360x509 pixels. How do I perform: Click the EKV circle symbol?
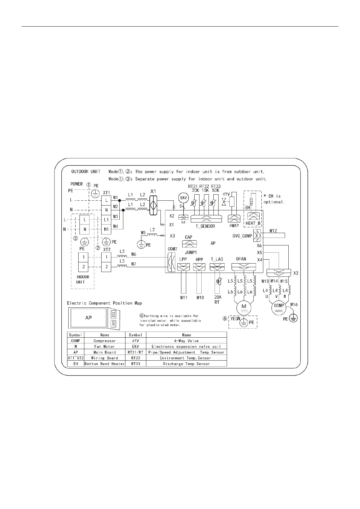point(183,198)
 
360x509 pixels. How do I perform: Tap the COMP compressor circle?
point(279,307)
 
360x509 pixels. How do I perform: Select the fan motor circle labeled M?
point(244,307)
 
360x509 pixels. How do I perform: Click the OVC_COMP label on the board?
point(242,236)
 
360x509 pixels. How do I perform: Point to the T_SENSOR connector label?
point(206,226)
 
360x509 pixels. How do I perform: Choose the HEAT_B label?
point(253,223)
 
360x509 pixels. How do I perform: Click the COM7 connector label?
point(173,249)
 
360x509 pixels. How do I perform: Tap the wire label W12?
point(273,231)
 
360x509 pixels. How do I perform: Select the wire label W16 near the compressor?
point(294,304)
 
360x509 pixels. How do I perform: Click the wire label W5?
point(143,232)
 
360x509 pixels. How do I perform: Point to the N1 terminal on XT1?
point(106,229)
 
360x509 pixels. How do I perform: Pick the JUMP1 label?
point(191,252)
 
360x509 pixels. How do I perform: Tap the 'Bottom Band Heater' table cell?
point(105,364)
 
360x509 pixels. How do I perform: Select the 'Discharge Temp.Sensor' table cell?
point(186,364)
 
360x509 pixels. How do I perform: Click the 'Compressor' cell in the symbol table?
point(105,341)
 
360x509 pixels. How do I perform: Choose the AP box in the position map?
point(88,318)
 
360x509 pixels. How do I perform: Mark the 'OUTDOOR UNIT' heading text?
point(86,171)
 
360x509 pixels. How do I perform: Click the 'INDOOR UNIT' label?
point(83,279)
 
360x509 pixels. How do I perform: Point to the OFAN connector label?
point(241,259)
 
